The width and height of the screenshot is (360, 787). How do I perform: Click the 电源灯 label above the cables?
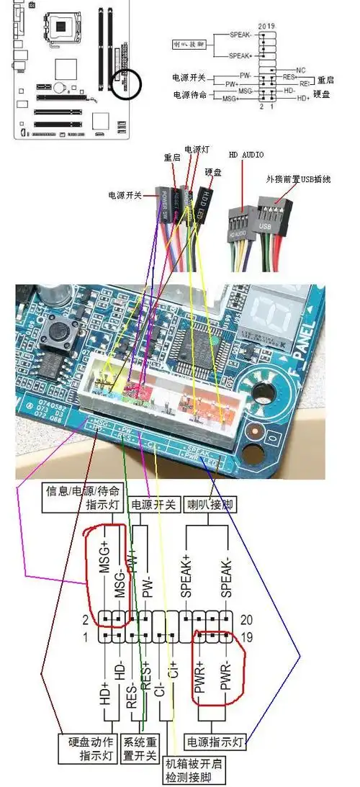pyautogui.click(x=196, y=150)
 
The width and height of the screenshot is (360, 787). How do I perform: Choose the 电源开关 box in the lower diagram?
pyautogui.click(x=153, y=505)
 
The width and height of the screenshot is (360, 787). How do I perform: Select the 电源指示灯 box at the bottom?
pyautogui.click(x=216, y=740)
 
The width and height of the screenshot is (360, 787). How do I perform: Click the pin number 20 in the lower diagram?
pyautogui.click(x=245, y=619)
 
